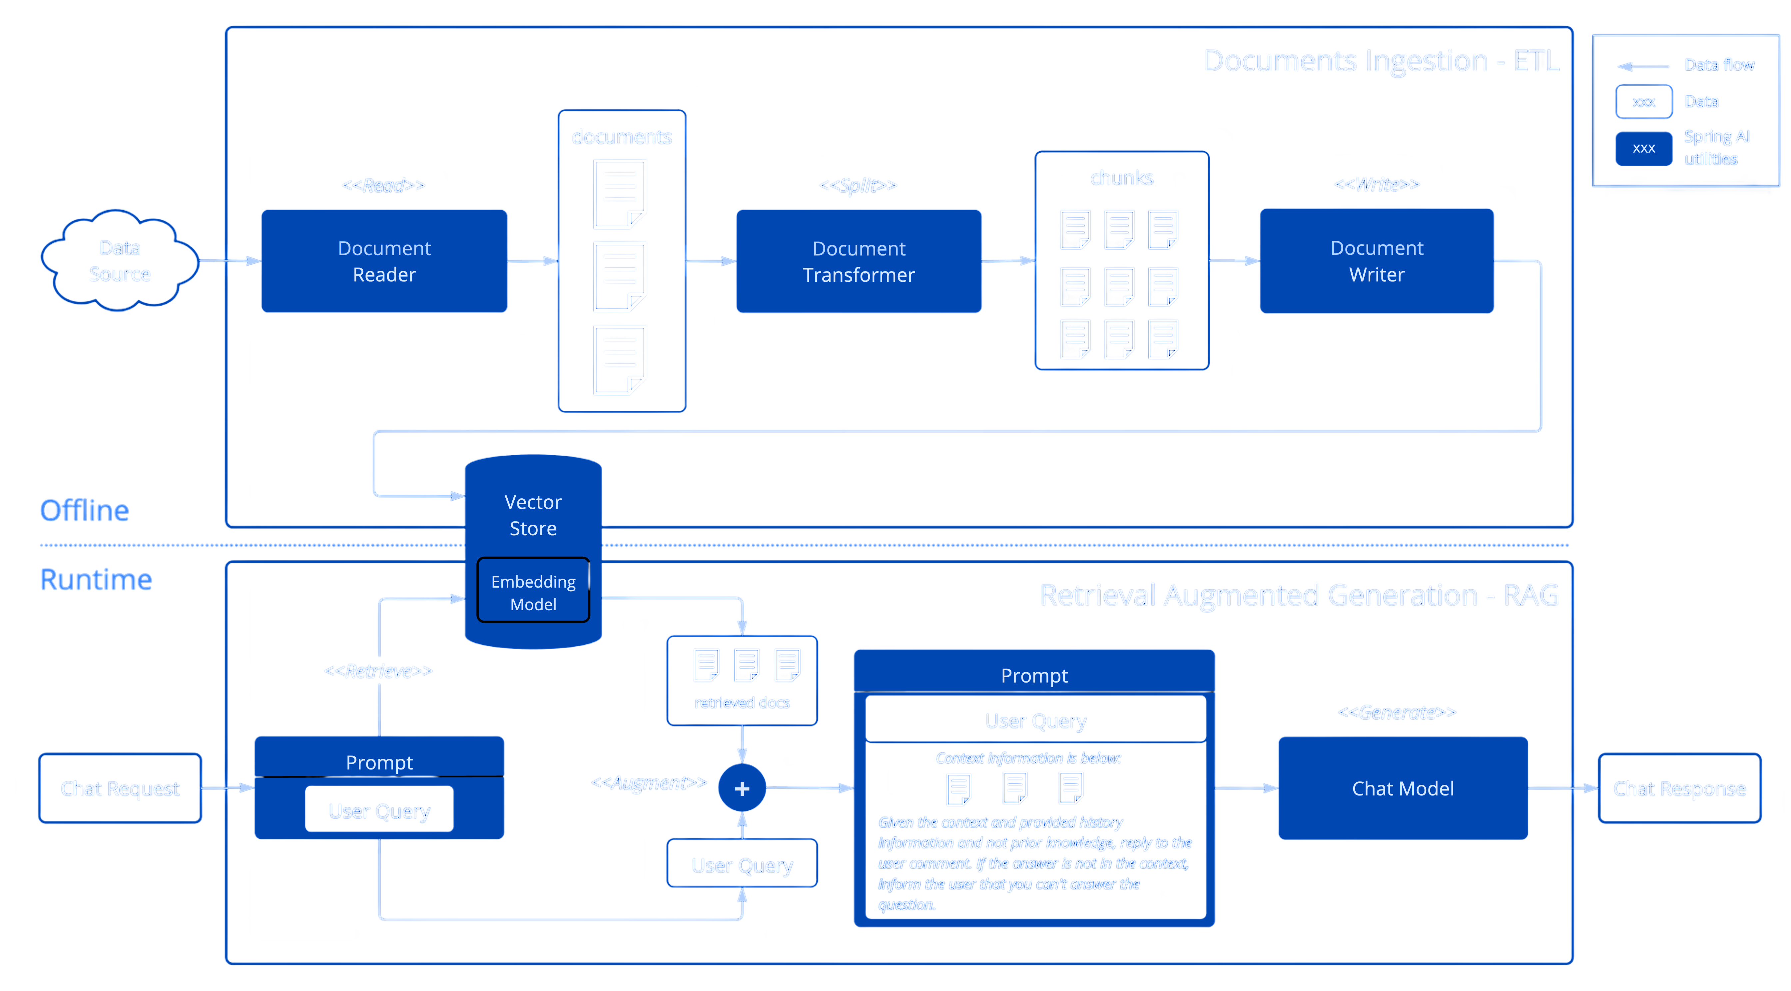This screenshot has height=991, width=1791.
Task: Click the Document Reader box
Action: pos(384,261)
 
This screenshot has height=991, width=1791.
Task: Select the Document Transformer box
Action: pos(859,261)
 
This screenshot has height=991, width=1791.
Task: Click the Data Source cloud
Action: pos(120,261)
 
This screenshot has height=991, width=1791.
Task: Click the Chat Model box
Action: pos(1402,788)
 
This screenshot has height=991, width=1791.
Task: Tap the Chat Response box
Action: pos(1679,788)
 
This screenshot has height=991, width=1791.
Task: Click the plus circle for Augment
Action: pos(742,788)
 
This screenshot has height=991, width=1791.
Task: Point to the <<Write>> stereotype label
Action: pos(1377,184)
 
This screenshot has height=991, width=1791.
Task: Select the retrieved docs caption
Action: pos(742,703)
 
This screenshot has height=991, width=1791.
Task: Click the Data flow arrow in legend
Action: pos(1642,66)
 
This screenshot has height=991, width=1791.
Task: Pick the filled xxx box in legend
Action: pos(1644,148)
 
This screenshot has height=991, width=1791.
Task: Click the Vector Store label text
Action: pos(533,515)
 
